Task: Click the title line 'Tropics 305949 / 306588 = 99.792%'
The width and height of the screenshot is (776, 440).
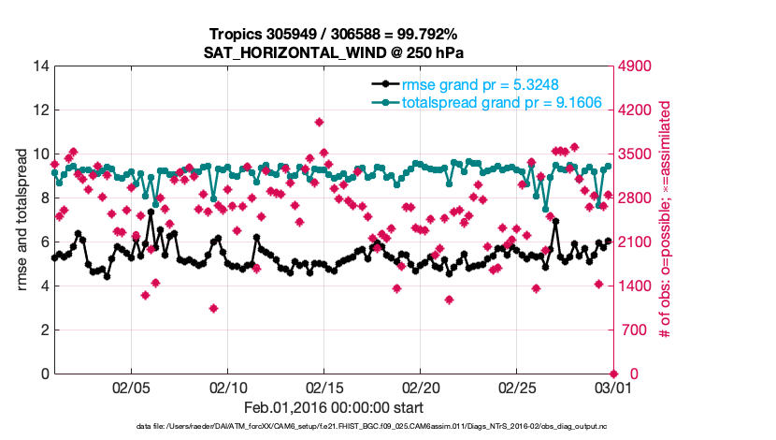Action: coord(334,34)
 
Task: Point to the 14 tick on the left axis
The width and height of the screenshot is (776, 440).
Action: coord(41,66)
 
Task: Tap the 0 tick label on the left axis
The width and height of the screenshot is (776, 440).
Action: coord(45,374)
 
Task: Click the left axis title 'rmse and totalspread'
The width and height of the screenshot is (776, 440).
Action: coord(22,221)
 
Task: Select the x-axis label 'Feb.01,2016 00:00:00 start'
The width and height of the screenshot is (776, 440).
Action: coord(334,408)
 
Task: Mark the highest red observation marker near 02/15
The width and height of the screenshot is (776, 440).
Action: coord(320,122)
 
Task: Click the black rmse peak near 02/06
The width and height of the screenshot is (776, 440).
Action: coord(151,213)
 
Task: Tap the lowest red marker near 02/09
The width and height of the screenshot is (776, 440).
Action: coord(214,308)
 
